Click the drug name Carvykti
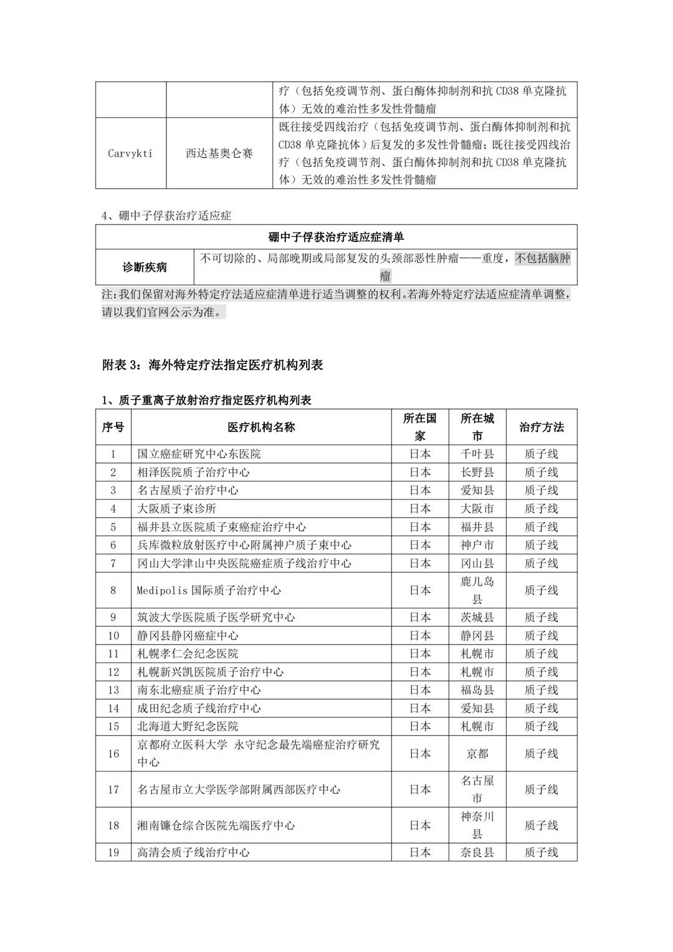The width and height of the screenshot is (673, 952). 130,153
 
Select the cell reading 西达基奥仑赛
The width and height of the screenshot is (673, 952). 219,153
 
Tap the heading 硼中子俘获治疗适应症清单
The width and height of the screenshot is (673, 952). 336,238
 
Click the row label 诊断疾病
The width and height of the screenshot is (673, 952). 145,267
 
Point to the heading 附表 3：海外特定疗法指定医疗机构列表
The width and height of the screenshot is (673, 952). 212,365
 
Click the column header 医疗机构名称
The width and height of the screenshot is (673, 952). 261,427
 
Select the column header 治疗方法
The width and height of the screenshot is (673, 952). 541,427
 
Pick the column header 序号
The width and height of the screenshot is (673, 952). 113,427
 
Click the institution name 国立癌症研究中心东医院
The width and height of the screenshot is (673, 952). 199,454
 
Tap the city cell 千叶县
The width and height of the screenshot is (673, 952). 477,454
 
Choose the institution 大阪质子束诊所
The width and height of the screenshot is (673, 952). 177,509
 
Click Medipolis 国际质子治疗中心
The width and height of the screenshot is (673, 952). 209,590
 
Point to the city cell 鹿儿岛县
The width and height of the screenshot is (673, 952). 477,590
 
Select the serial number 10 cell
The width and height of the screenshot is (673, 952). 113,636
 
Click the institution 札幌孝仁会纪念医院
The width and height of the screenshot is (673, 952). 188,654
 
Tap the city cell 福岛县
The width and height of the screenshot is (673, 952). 477,690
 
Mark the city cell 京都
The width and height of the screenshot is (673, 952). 477,754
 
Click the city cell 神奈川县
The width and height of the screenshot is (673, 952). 477,825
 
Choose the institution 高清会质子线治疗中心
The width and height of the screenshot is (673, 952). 193,852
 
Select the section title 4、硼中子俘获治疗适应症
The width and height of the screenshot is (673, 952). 166,216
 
